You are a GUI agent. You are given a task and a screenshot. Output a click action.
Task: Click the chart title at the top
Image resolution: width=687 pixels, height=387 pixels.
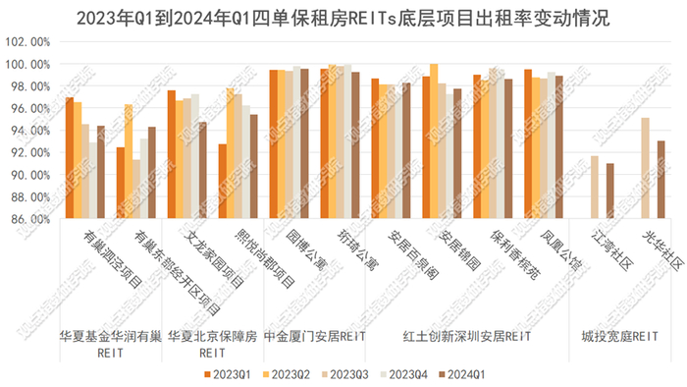[343, 18]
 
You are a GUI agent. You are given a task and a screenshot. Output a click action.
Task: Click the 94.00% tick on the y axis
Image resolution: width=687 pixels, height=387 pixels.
[28, 131]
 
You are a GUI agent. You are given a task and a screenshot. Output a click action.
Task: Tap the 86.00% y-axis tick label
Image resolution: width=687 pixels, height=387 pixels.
[28, 220]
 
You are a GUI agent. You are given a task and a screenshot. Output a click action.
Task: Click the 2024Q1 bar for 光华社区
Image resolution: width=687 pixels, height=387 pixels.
[661, 180]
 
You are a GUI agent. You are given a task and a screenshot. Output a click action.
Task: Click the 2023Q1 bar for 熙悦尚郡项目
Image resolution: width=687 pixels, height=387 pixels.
[223, 181]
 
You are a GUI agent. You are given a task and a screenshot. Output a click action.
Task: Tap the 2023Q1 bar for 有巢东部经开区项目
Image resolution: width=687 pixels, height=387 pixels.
[121, 183]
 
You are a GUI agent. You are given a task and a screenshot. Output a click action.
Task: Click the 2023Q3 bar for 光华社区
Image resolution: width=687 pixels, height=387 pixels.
[645, 168]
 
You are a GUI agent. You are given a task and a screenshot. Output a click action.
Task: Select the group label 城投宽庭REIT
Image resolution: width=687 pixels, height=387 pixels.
[616, 335]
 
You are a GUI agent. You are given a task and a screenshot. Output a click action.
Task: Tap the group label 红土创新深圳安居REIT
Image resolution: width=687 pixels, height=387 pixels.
[466, 335]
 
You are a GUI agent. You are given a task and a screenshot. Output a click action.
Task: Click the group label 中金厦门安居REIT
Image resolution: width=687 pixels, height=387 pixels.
[315, 335]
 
